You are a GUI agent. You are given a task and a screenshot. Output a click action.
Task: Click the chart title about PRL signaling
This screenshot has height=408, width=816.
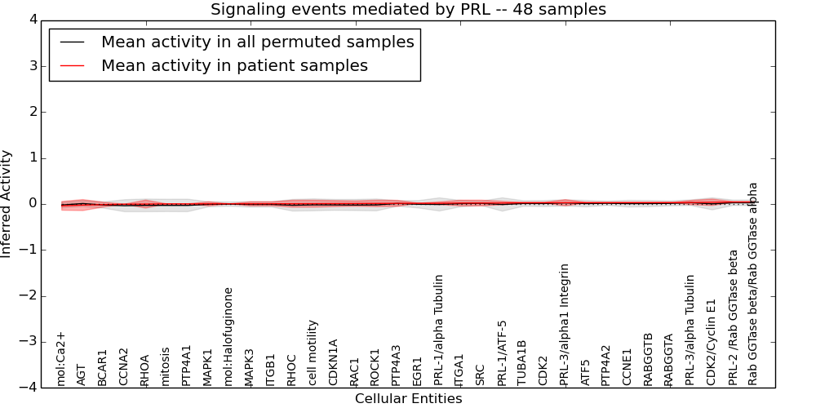click(408, 10)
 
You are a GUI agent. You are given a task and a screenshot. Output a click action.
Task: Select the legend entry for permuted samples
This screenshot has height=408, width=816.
click(257, 42)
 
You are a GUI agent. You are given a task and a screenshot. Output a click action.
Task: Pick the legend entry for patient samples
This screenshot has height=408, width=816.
click(234, 65)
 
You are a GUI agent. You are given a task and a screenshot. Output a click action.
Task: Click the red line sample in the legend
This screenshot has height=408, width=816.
click(72, 65)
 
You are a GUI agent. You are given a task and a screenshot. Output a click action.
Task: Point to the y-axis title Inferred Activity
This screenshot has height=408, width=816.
click(7, 204)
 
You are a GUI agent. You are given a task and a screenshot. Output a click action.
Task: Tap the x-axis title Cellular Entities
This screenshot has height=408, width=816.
click(408, 399)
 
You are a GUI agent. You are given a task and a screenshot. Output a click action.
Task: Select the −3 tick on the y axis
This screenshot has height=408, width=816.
click(31, 342)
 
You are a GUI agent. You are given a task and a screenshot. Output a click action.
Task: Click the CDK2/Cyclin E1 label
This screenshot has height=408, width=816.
click(712, 339)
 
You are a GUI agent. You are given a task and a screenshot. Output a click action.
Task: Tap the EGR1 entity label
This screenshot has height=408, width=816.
click(418, 371)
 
